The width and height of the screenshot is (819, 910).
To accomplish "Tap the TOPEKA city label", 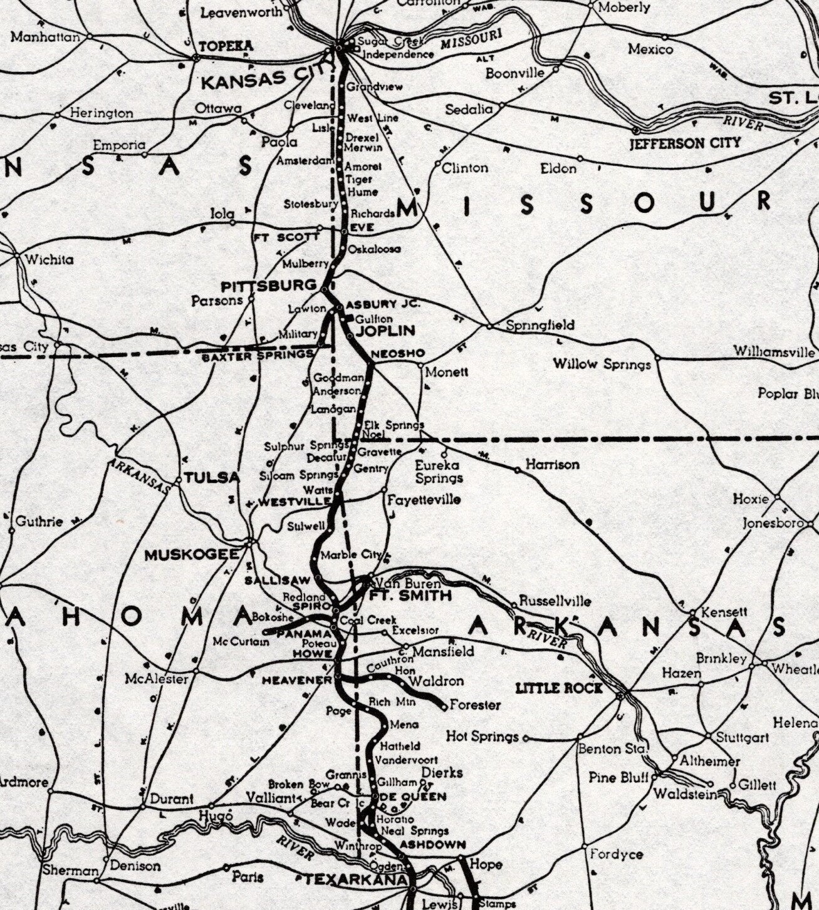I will (x=226, y=46).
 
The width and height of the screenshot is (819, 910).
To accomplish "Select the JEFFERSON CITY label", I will (x=685, y=143).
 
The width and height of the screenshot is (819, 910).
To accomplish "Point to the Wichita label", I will (x=49, y=259).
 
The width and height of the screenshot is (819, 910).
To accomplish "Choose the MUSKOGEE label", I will (x=192, y=555).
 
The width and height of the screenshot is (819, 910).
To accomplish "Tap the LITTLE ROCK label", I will (x=559, y=688).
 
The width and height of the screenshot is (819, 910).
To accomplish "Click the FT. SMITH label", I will (x=410, y=595).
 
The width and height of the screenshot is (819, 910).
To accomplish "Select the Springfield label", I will (x=540, y=325).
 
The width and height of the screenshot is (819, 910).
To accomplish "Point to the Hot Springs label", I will (x=483, y=737).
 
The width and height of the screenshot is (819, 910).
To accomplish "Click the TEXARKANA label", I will (x=355, y=879).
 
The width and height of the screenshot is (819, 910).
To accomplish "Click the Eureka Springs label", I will (x=439, y=472).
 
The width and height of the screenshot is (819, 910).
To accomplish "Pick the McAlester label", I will (x=157, y=678).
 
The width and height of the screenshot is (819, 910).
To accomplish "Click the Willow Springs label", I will (x=602, y=363).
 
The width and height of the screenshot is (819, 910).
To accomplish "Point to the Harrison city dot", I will (x=517, y=469).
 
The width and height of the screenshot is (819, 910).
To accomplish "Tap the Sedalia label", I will (x=469, y=110).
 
